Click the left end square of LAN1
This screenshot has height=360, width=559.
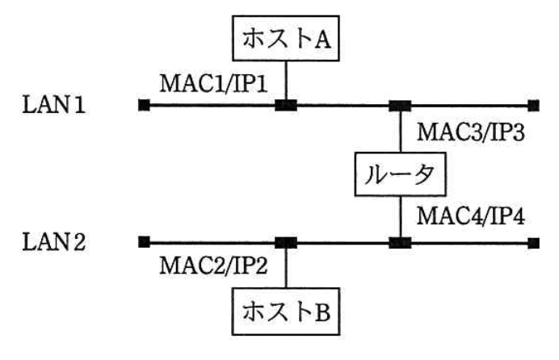pos(144,105)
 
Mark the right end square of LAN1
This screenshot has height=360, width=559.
pos(532,105)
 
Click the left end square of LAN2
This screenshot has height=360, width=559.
pos(144,241)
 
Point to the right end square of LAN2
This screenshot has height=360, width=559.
pos(532,241)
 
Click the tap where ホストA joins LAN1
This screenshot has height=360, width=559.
pos(286,105)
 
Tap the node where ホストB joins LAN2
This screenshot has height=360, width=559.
pos(286,241)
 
